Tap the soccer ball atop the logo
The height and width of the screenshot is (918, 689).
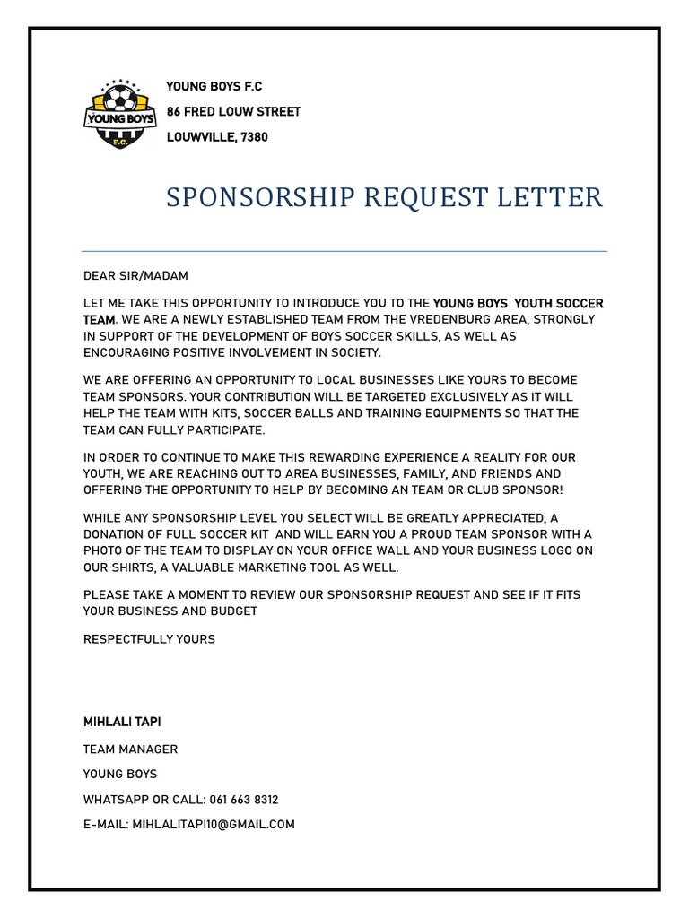point(119,96)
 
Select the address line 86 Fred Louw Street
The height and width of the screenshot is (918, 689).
point(233,112)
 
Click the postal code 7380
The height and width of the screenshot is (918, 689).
point(253,137)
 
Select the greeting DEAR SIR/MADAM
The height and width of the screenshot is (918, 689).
point(135,276)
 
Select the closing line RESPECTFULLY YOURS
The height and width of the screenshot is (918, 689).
point(149,639)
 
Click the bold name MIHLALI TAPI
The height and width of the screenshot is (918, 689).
point(122,722)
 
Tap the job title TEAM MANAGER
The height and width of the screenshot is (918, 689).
point(130,749)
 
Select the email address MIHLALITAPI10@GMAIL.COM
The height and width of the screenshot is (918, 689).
point(214,824)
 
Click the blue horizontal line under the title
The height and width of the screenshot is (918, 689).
point(344,251)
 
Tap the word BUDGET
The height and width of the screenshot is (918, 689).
point(231,611)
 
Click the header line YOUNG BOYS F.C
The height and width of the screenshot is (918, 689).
point(214,87)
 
